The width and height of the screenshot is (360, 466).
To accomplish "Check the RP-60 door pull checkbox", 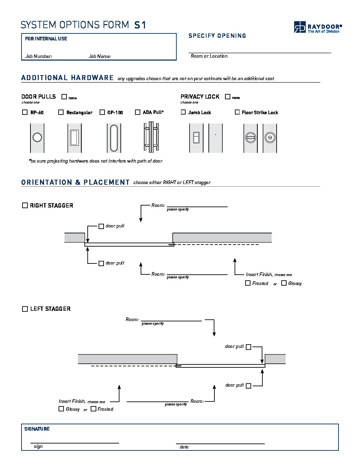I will click(25, 112).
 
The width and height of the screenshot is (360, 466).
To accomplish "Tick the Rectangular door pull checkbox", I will click(61, 112).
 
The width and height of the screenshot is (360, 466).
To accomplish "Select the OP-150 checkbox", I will click(102, 112).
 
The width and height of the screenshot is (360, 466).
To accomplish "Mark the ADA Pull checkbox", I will click(138, 112).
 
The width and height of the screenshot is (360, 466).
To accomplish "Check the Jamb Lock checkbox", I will click(183, 112).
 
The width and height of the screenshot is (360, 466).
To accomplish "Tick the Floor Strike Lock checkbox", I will click(237, 112).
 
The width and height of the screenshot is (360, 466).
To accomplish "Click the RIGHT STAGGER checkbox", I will click(25, 206).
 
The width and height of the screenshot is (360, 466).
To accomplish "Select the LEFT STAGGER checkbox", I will click(25, 309).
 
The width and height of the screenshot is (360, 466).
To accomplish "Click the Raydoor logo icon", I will click(300, 27).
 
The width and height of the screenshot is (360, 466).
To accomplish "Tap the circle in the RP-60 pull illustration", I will click(37, 137).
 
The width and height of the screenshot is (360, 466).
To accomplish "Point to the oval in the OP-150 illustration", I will click(114, 138).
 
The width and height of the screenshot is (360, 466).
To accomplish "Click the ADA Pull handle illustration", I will click(151, 137).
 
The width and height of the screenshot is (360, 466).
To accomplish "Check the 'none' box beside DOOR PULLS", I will click(64, 97).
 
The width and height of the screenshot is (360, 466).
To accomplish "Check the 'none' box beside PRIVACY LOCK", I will click(228, 97).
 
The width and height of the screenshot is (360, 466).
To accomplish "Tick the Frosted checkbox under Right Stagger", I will click(248, 283).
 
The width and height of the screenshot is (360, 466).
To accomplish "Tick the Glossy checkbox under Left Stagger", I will click(61, 409).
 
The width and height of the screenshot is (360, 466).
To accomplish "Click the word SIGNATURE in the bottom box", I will click(37, 429).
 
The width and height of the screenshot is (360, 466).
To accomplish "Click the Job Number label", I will click(38, 56).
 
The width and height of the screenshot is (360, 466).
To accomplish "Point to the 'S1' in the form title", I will click(140, 25).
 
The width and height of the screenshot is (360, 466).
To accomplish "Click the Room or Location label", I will click(209, 56).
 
